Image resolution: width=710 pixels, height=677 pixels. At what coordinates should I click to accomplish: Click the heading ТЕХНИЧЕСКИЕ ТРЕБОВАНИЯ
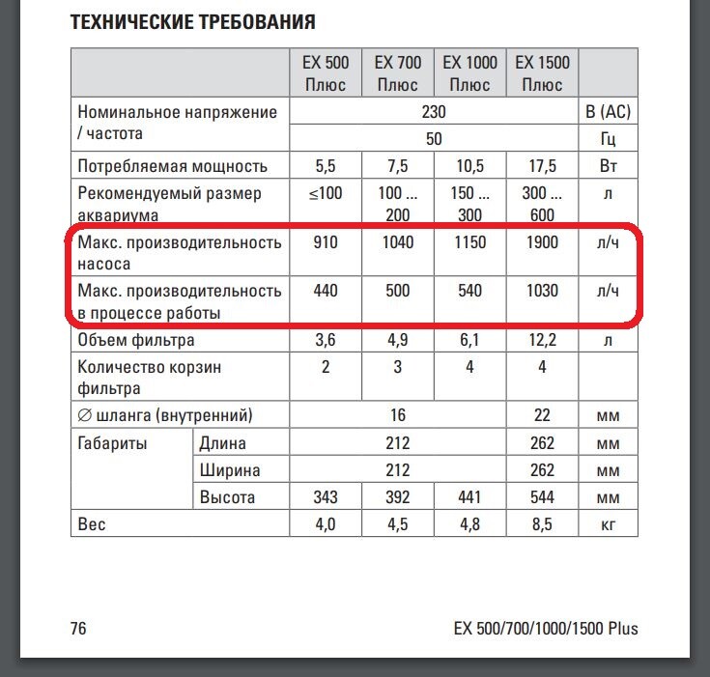tap(193, 21)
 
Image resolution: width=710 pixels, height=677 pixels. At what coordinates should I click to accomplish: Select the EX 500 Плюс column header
tap(327, 73)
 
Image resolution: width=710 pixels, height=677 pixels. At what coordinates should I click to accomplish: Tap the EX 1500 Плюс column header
tap(542, 73)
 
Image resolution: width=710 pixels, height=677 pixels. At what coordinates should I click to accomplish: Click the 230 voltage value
tap(435, 112)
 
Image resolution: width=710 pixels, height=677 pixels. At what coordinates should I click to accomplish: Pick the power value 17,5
tap(542, 166)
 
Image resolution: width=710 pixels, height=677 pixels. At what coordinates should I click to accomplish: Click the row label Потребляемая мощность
tap(173, 166)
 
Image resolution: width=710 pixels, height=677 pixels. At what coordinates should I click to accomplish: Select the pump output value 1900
tap(542, 242)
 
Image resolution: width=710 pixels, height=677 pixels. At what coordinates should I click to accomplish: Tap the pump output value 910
tap(327, 242)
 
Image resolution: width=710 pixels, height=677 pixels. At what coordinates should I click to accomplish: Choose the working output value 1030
tap(542, 291)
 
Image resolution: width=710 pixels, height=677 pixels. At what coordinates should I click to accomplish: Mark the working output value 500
tap(397, 291)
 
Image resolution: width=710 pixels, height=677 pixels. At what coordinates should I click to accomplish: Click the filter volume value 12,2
tap(542, 340)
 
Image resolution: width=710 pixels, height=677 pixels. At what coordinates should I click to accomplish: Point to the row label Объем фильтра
tap(136, 340)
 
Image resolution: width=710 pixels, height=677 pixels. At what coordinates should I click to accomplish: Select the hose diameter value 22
tap(542, 415)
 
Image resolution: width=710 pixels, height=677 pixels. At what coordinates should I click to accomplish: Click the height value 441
tap(469, 498)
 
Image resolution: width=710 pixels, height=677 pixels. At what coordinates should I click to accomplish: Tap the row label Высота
tap(227, 498)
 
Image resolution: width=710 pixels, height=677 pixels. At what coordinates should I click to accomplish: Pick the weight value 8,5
tap(542, 525)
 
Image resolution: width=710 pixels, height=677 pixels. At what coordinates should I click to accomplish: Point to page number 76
tap(78, 629)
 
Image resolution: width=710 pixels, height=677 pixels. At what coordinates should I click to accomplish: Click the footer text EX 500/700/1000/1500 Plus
tap(546, 629)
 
